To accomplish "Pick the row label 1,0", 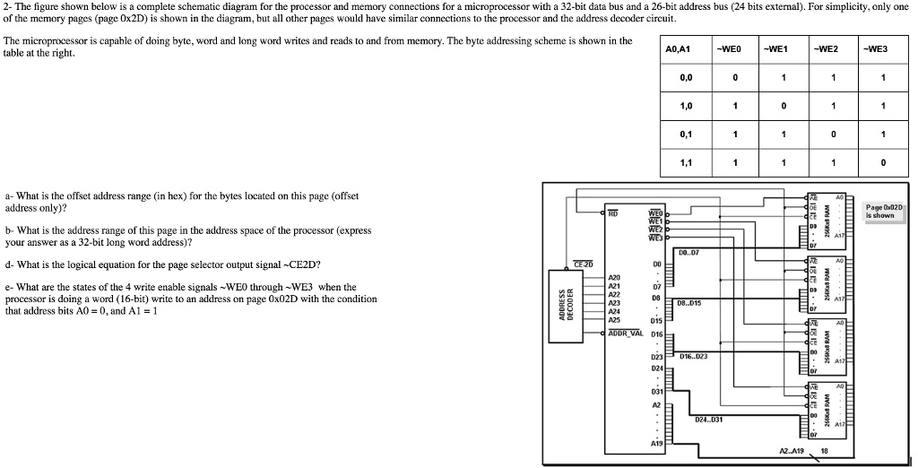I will point(686,106).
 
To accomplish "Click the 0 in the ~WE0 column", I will point(733,77).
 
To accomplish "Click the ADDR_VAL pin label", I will point(625,332).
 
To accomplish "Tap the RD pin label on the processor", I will point(613,213).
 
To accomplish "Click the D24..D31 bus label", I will point(709,420).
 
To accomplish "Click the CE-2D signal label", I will point(584,264).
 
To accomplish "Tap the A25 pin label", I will point(614,320).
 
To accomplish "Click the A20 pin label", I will point(614,277).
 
